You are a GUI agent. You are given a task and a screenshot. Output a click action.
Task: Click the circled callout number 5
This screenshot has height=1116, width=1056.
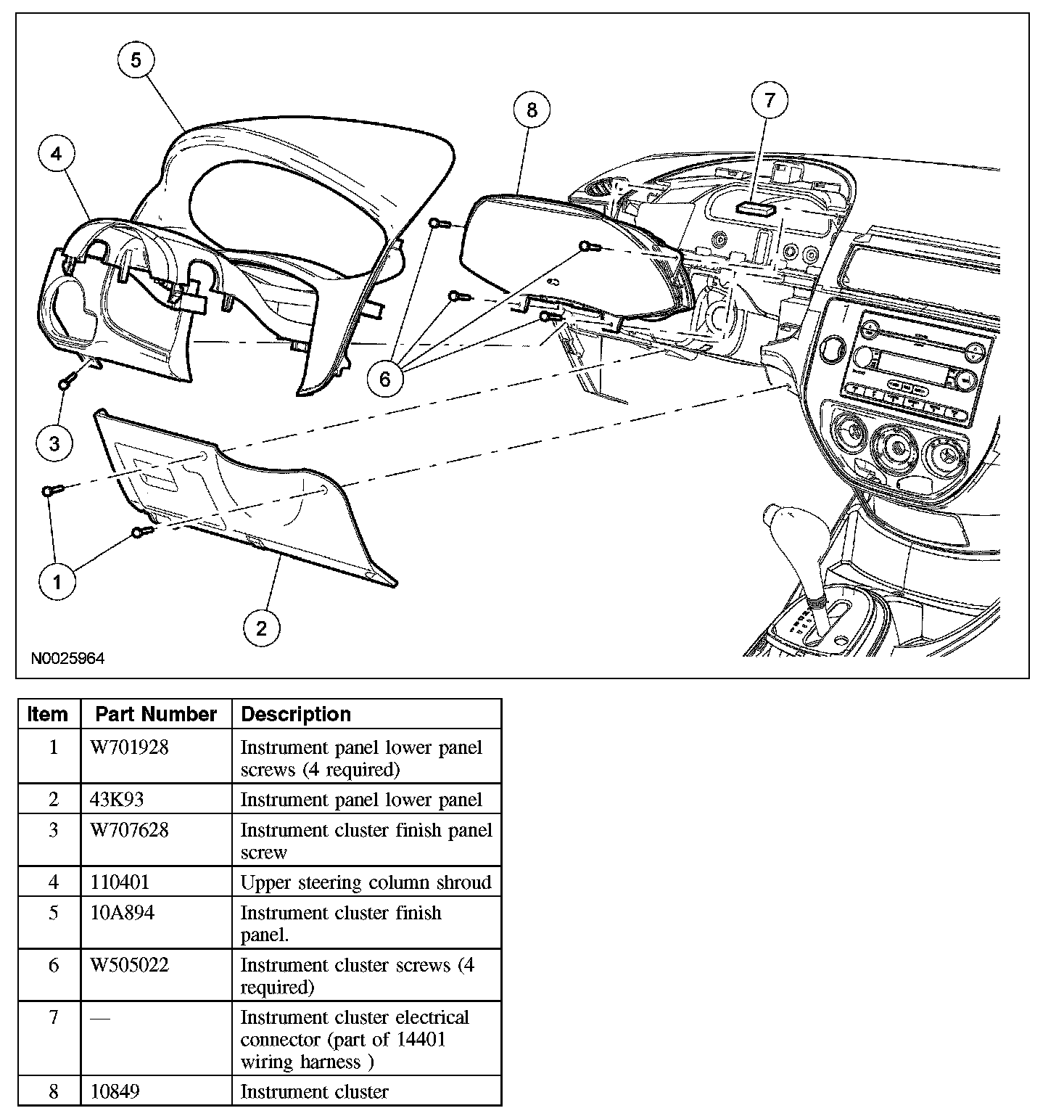136,60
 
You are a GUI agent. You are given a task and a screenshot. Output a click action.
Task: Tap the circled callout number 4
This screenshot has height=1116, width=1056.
56,153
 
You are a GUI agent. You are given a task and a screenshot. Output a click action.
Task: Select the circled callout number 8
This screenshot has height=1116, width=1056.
532,110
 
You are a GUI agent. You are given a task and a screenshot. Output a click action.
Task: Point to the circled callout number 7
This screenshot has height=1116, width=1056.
770,99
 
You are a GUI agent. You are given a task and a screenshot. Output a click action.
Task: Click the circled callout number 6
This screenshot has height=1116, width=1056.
385,378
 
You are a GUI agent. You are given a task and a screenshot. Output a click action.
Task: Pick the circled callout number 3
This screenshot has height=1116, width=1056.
55,443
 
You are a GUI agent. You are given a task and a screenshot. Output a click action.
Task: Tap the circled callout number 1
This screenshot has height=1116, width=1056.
57,580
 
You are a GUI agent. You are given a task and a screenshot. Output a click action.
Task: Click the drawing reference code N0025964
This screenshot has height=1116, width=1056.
67,659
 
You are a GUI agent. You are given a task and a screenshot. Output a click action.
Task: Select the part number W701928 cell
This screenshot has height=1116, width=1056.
129,747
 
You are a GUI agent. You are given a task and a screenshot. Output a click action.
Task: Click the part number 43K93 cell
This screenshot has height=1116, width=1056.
117,800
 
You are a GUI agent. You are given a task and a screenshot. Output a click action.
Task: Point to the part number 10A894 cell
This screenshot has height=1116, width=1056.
123,913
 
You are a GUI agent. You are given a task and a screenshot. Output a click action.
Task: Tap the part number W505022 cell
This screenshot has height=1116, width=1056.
129,965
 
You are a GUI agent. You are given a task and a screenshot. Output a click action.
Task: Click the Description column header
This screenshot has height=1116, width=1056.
296,714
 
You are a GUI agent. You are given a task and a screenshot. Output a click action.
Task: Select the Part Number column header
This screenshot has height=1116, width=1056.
156,714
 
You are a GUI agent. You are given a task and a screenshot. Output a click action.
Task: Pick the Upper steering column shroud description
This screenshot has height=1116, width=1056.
366,882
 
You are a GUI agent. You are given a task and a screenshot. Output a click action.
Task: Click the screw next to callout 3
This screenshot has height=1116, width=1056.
67,380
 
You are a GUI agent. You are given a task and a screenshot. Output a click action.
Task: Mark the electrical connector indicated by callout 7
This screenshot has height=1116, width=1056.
756,209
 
